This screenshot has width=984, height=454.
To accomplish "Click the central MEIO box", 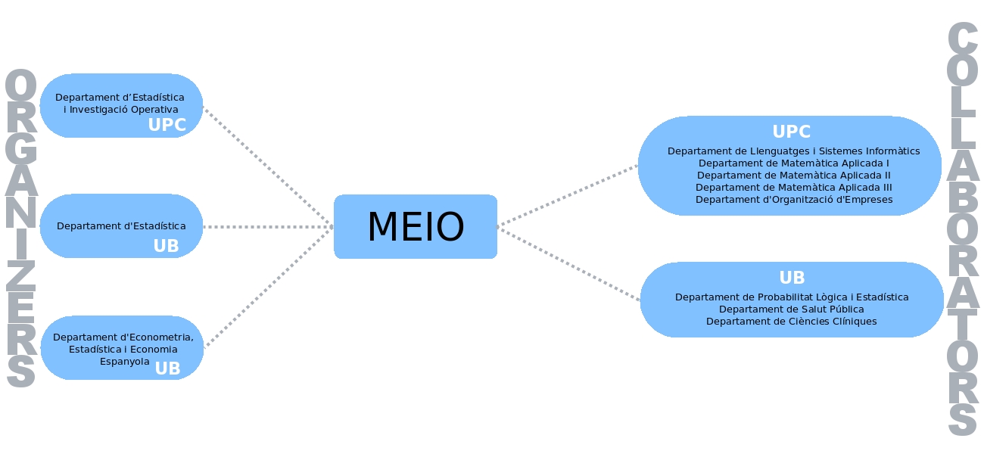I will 416,227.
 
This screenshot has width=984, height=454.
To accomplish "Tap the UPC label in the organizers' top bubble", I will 167,125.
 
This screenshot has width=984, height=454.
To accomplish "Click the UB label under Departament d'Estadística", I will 166,246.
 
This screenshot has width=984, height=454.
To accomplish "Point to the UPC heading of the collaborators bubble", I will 791,132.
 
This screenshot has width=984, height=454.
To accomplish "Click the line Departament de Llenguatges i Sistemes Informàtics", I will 793,151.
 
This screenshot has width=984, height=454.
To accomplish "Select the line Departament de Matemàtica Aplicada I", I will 793,163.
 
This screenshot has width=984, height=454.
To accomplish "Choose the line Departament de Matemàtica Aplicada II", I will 793,175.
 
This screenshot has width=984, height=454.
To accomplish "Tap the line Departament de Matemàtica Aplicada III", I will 793,187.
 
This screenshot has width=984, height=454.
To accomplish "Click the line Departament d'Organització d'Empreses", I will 793,200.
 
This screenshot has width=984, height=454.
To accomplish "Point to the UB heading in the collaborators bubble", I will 792,278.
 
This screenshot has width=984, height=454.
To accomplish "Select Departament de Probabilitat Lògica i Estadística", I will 792,297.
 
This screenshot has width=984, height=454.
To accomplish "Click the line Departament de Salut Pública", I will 792,309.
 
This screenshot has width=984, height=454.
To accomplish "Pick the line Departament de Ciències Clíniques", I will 792,322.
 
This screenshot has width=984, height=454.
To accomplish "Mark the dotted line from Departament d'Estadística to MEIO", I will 269,227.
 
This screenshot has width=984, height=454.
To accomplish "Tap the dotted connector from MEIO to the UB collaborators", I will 568,264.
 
